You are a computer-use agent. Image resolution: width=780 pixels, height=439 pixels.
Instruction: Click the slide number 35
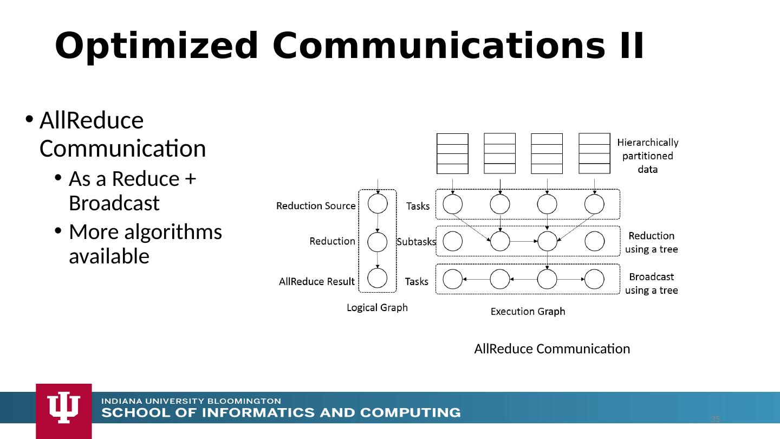716,419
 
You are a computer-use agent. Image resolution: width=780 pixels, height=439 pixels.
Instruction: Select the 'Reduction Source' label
316,206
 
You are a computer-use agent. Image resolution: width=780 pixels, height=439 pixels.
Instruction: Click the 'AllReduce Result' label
316,282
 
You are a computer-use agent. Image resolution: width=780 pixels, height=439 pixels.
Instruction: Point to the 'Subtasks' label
416,242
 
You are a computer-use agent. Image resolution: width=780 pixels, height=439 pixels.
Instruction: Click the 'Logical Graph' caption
377,308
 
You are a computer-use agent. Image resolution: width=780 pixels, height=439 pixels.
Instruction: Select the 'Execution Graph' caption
528,312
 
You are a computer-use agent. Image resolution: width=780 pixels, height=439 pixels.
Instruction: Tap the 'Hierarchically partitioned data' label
648,156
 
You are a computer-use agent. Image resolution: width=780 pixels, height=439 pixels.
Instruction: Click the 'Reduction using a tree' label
652,243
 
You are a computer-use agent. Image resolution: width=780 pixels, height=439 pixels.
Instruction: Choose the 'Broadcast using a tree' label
652,283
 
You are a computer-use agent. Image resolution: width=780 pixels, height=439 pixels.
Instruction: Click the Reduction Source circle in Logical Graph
378,204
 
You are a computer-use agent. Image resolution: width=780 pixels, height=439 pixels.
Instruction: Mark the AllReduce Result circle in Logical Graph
378,278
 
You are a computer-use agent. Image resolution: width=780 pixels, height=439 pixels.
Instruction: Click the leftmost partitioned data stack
452,153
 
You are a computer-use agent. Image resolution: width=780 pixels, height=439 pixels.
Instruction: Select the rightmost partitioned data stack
594,153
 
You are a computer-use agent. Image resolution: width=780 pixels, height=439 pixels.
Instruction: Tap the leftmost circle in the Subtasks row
453,241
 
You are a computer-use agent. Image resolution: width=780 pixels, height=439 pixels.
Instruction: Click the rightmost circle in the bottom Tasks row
594,280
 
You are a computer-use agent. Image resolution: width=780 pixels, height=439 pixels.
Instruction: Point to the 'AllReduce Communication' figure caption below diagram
552,349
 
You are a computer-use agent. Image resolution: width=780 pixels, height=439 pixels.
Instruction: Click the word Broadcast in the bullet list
114,203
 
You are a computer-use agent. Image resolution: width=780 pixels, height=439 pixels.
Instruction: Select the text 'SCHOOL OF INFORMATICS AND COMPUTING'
281,413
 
